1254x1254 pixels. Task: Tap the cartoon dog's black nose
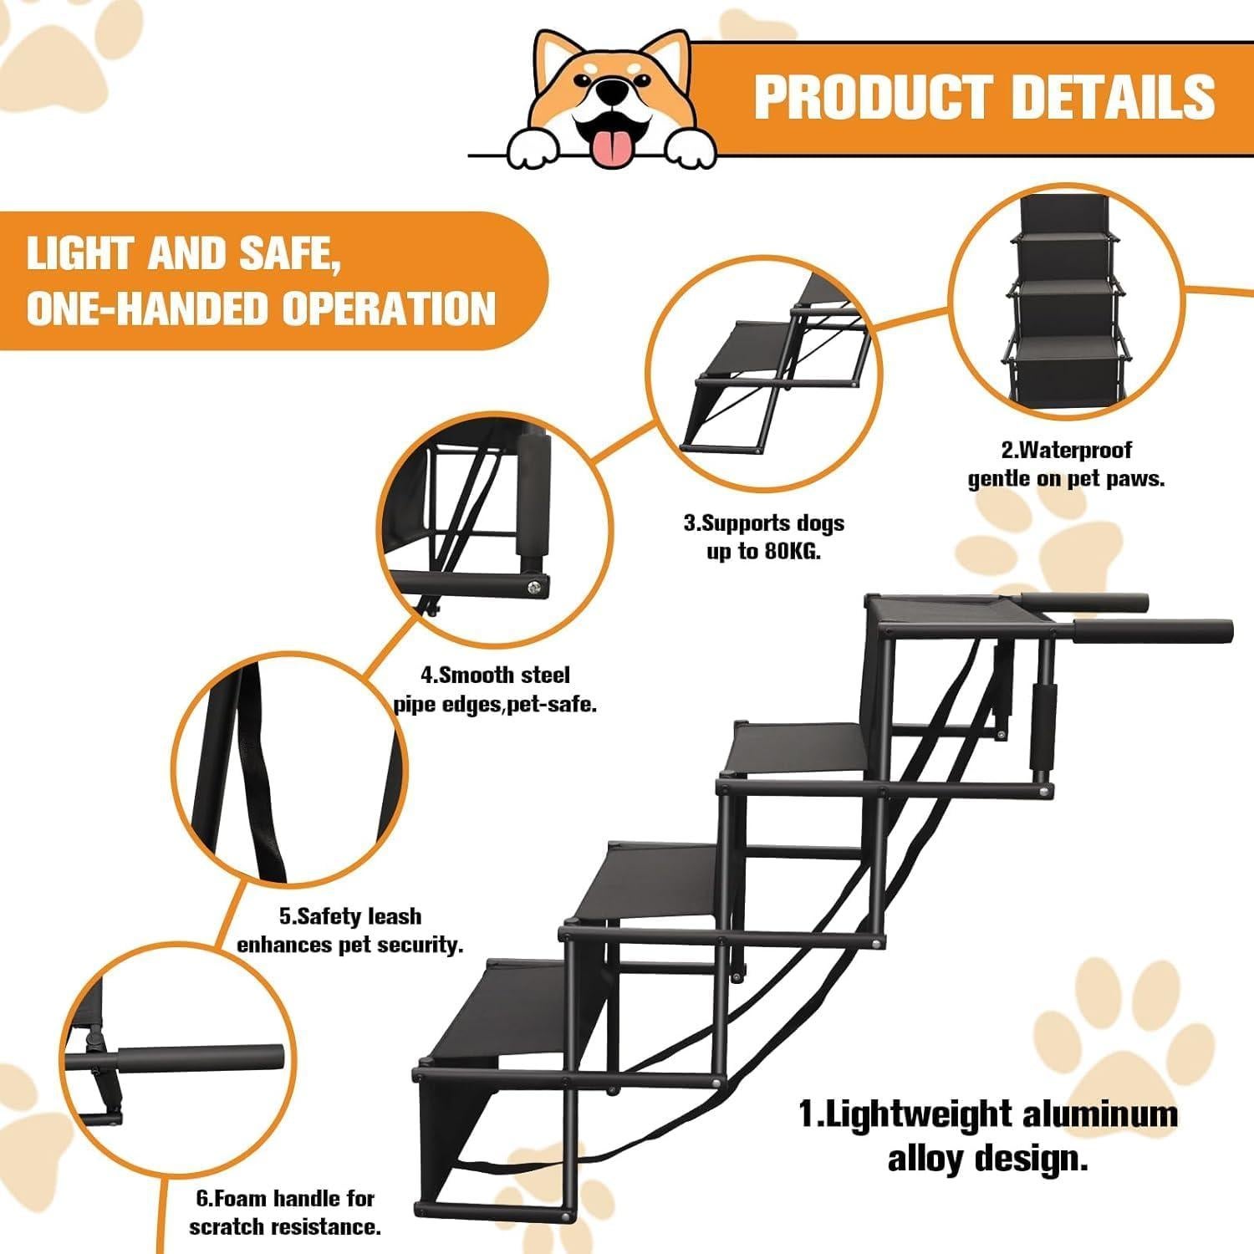tap(614, 89)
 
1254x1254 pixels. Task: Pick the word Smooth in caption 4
tap(477, 675)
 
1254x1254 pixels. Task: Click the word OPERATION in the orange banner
tap(389, 308)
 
